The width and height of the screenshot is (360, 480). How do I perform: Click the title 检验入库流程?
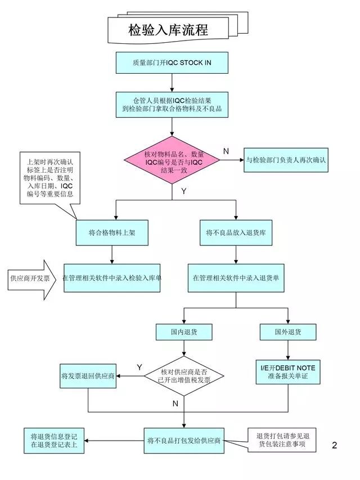(168, 29)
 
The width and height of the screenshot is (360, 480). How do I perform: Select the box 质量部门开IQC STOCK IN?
(172, 62)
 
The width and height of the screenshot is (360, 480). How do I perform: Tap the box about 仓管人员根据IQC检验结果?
(172, 105)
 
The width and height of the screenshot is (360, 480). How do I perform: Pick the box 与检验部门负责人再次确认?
(286, 160)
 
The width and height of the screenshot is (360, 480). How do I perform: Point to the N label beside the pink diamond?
(226, 151)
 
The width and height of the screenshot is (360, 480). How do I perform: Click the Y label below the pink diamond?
(183, 191)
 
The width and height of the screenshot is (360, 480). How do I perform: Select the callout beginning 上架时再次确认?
(49, 178)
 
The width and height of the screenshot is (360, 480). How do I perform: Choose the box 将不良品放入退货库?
(236, 232)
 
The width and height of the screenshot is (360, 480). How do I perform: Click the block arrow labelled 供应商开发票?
(33, 278)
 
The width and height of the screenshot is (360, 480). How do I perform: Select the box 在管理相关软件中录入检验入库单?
(112, 278)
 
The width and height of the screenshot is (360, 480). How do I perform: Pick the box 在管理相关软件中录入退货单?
(236, 278)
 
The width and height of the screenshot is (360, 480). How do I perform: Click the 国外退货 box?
(288, 332)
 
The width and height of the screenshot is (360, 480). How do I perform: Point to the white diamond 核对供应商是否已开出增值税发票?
(184, 376)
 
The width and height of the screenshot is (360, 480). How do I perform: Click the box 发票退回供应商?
(88, 376)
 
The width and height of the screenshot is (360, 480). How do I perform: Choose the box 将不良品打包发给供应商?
(184, 440)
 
